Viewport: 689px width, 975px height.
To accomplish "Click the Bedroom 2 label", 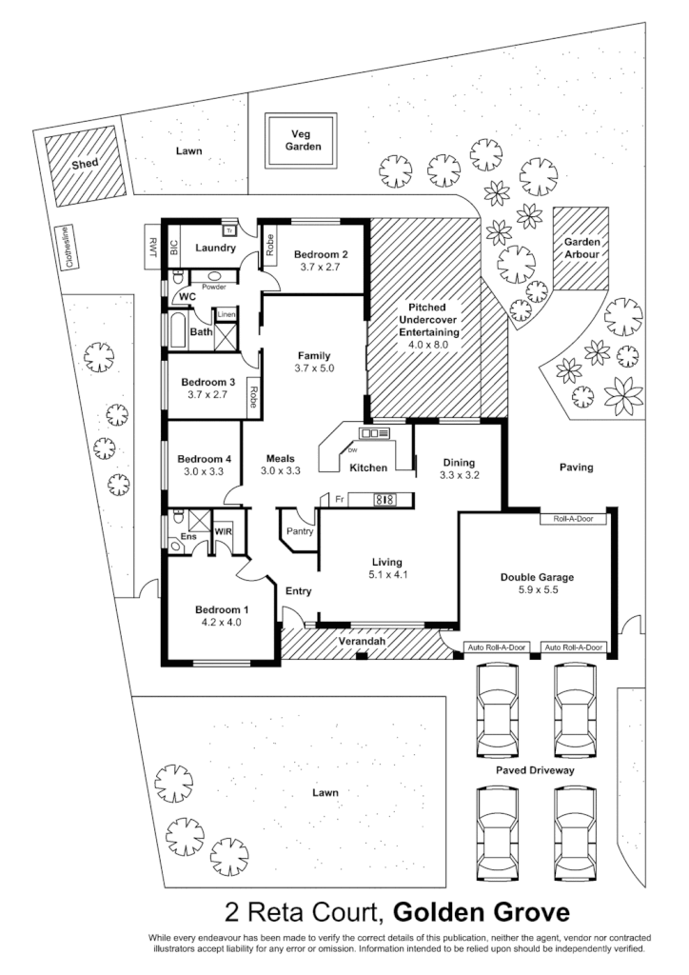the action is (x=320, y=254).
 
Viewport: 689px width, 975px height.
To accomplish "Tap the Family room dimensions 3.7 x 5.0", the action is (x=314, y=368).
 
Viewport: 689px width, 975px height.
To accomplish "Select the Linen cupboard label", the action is (x=226, y=314).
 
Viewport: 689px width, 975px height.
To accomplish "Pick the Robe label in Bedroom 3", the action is (x=253, y=396).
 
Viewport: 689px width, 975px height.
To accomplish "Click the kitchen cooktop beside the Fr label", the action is (x=384, y=498).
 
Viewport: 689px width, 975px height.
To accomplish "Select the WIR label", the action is (x=225, y=529).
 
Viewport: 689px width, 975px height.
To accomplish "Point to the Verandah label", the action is (x=363, y=643).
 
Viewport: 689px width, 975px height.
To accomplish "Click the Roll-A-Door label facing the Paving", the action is (x=574, y=520).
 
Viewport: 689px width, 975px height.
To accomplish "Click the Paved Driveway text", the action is (x=534, y=770).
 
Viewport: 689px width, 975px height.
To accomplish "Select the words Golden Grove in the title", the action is (x=482, y=913).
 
